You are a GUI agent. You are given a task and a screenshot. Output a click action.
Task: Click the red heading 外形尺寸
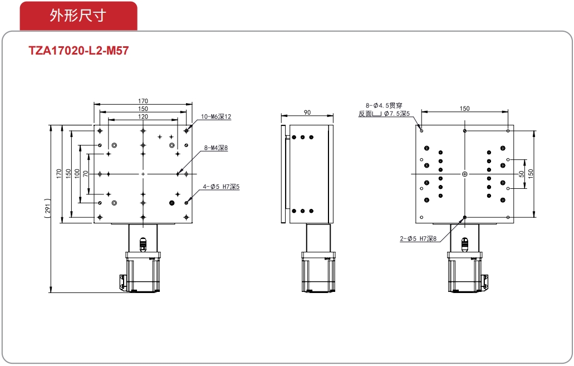click(x=78, y=16)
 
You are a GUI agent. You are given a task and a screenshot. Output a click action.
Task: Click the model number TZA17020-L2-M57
click(x=79, y=50)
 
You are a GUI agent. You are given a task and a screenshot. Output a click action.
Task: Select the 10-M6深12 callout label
click(x=216, y=116)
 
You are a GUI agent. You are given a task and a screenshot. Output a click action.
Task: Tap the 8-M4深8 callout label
click(x=216, y=148)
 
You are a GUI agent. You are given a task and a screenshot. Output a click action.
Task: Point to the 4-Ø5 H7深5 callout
click(x=221, y=187)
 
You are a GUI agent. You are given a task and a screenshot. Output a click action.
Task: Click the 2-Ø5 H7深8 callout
click(x=418, y=238)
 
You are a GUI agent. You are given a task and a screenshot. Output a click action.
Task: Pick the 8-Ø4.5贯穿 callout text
click(x=384, y=105)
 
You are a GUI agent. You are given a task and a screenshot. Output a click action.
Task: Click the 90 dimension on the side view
click(x=307, y=113)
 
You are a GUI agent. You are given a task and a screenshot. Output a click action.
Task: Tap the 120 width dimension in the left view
click(x=143, y=116)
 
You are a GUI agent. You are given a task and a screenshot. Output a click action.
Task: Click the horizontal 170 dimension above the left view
click(x=143, y=101)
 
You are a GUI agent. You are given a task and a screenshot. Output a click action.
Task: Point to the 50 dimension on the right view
click(x=522, y=174)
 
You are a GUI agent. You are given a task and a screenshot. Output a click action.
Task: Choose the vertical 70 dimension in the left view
click(x=85, y=174)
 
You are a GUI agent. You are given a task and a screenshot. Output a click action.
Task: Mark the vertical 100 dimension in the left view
click(x=77, y=173)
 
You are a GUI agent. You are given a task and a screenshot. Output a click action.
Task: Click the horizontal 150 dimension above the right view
click(x=464, y=109)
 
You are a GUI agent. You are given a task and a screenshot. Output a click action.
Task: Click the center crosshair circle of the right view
click(x=464, y=174)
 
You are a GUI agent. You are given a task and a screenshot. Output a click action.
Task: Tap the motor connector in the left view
click(x=122, y=282)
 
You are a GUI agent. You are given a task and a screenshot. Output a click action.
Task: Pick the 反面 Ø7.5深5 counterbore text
click(x=384, y=114)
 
